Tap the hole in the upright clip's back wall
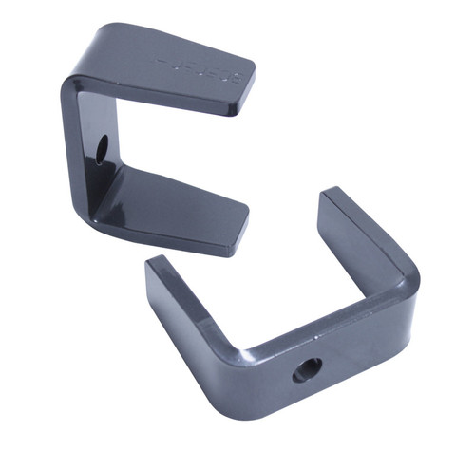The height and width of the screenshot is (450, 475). (x=102, y=147)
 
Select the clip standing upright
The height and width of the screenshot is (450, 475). (x=142, y=133)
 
